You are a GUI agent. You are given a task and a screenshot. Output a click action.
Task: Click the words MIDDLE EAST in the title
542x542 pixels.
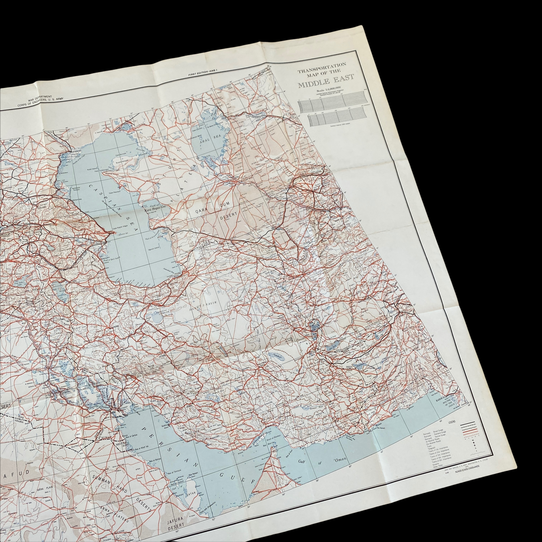click(x=326, y=84)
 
